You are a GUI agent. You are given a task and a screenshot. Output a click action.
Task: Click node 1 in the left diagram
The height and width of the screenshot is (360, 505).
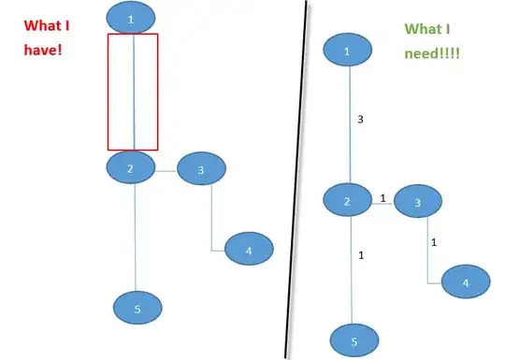tap(131, 17)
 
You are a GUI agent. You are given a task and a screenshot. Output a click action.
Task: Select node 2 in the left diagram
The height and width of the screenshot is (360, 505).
tap(132, 167)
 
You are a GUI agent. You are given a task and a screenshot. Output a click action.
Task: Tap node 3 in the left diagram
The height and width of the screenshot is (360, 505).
tap(201, 169)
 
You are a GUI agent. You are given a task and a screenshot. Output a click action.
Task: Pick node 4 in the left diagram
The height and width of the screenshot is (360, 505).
tap(248, 250)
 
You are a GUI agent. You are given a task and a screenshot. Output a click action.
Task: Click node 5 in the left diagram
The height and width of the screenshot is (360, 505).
tap(137, 306)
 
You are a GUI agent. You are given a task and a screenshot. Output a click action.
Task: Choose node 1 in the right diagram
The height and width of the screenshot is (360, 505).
tap(348, 52)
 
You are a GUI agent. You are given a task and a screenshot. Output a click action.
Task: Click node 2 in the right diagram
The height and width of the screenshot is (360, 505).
tap(348, 201)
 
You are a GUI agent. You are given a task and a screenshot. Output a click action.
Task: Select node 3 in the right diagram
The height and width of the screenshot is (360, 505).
tap(418, 202)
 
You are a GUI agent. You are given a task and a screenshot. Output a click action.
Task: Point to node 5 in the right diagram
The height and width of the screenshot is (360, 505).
tap(353, 340)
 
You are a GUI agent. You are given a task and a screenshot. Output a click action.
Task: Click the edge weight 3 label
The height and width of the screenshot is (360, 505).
tap(360, 120)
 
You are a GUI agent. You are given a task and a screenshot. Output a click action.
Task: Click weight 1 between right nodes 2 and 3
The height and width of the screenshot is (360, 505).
tap(382, 198)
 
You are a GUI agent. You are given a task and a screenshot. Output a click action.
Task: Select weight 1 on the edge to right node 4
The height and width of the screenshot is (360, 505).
tap(434, 242)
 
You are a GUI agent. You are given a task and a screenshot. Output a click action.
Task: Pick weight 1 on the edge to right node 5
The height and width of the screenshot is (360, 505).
tap(360, 255)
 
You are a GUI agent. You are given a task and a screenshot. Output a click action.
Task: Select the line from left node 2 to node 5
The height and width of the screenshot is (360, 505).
tap(136, 238)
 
